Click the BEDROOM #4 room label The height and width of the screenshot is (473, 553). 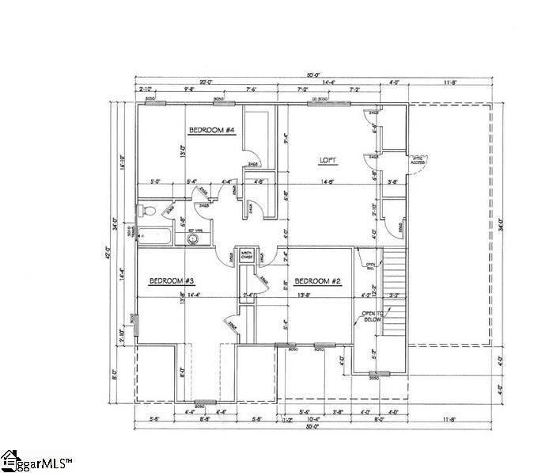pos(212,130)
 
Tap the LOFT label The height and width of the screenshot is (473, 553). pos(328,160)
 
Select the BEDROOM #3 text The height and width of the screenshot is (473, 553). pos(172,280)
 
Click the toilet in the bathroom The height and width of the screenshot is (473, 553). pos(147,211)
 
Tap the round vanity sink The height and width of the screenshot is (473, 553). pos(191,235)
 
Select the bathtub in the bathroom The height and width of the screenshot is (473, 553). pos(157,235)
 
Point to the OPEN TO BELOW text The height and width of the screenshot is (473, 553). pos(373,317)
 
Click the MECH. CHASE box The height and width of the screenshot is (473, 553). pos(246,254)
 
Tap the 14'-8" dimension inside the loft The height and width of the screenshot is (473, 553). pos(328,182)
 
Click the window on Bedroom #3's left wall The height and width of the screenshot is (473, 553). pos(136,325)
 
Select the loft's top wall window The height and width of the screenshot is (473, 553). pos(319,104)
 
